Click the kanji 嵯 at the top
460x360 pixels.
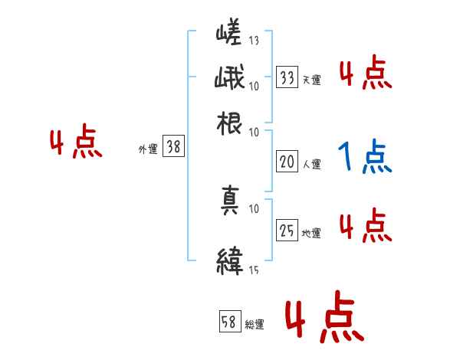coord(230,34)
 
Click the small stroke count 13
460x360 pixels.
coord(254,40)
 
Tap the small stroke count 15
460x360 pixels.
coord(254,270)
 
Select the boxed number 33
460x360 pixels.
coord(287,77)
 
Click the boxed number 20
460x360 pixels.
coord(287,162)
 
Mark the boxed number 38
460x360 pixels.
coord(174,147)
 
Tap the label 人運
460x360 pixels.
coord(312,164)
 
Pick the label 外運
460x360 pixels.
coord(148,150)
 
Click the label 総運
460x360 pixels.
coord(255,325)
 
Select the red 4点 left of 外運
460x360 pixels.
coord(76,143)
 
